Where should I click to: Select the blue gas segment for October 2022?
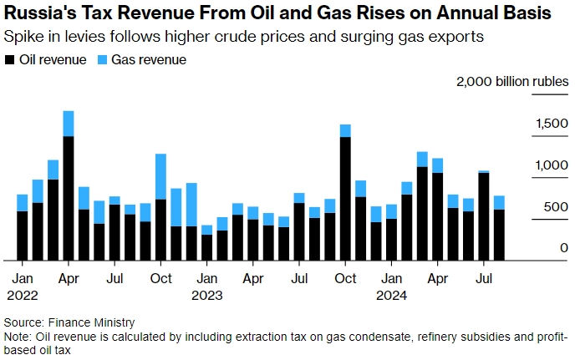160,176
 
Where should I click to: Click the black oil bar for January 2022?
23,235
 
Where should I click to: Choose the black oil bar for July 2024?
483,215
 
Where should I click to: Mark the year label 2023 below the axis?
206,295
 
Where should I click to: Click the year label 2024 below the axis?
390,295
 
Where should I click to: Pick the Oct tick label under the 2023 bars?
344,278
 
